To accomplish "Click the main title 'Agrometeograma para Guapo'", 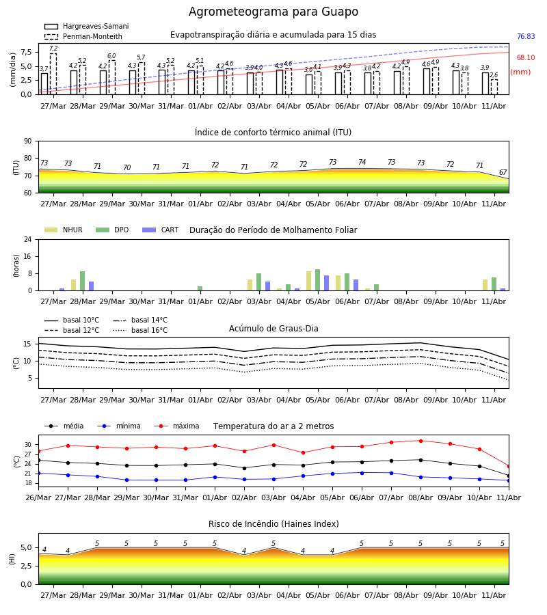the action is (273, 12).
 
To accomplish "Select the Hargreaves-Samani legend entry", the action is (87, 26).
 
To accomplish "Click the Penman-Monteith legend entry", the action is (83, 36).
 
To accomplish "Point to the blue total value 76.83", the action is (526, 36).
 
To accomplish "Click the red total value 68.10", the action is (526, 57).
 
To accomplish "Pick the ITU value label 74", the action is (362, 162).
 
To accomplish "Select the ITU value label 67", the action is (503, 172).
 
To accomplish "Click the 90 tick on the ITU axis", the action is (28, 141).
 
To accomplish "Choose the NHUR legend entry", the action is (64, 230).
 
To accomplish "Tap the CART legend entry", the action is (161, 230).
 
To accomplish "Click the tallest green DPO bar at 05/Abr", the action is (317, 280).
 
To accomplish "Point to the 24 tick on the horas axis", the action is (28, 239).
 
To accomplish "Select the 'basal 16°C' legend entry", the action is (140, 330).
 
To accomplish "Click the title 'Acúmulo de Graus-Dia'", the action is (273, 328).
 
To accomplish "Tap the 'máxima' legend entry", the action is (176, 426).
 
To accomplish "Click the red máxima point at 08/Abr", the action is (421, 441).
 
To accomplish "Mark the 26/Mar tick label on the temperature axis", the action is (38, 497).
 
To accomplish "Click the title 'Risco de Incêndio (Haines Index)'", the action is (273, 523).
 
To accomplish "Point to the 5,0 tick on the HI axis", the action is (26, 547).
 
